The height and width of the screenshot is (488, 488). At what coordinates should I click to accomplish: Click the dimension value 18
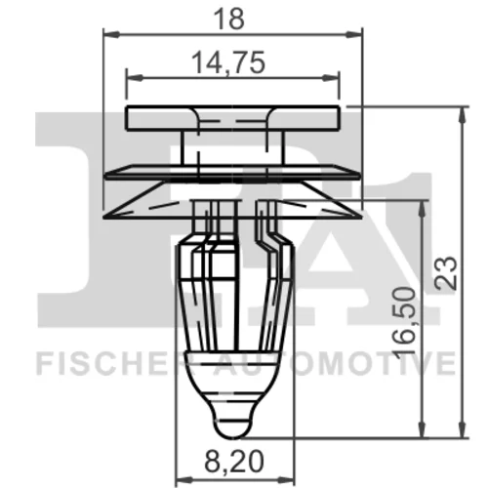point(229,20)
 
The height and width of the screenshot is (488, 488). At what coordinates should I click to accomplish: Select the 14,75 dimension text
point(228,62)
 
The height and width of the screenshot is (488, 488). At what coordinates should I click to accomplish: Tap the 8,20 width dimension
point(234,462)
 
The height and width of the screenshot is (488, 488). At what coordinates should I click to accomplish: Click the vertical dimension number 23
point(446,273)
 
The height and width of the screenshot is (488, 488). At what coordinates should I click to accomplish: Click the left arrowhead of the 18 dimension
point(110,34)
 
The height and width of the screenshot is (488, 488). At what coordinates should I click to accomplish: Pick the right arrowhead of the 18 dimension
point(354,34)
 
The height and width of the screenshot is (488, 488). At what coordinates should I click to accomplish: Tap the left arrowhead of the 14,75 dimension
point(134,77)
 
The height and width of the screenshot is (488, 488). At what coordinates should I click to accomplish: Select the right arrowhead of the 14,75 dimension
point(331,77)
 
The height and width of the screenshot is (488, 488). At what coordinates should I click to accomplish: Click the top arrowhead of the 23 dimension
point(462,114)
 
